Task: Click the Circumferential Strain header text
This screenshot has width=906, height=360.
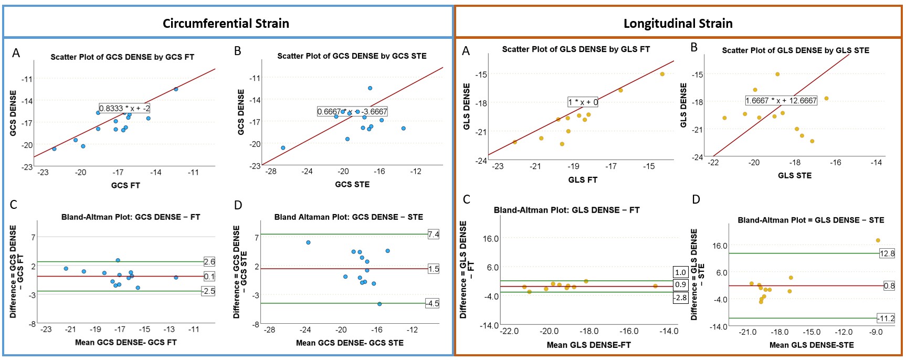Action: coord(226,24)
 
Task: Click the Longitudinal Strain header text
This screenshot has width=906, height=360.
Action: coord(678,24)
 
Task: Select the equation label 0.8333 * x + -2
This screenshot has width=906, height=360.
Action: coord(124,109)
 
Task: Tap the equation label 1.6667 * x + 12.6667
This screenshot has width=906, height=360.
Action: coord(781,101)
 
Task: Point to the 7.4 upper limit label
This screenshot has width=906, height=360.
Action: coord(433,235)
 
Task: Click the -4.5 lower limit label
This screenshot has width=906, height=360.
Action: coord(432,304)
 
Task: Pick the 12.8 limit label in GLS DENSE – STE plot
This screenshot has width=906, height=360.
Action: coord(887,253)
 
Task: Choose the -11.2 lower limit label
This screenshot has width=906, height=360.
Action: coord(886,319)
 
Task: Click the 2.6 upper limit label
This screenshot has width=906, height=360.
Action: coord(209,262)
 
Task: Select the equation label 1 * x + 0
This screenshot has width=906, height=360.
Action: coord(583,102)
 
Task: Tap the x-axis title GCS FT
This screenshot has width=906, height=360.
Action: coord(125,185)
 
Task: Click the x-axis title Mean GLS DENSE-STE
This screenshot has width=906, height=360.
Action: coord(811,345)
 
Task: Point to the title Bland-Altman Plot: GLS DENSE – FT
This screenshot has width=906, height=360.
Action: coord(566,210)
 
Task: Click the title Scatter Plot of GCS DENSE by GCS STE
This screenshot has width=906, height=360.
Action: coord(352,56)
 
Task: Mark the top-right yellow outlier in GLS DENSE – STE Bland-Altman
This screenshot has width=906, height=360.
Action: coord(878,241)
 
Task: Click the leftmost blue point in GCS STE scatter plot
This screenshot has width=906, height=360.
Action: coord(283,148)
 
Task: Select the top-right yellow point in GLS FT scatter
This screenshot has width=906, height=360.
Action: coord(662,74)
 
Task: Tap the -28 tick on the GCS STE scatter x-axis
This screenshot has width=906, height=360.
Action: coord(271,171)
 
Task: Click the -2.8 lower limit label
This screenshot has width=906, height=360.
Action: coord(680,298)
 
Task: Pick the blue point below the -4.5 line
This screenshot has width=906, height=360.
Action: coord(380,304)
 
